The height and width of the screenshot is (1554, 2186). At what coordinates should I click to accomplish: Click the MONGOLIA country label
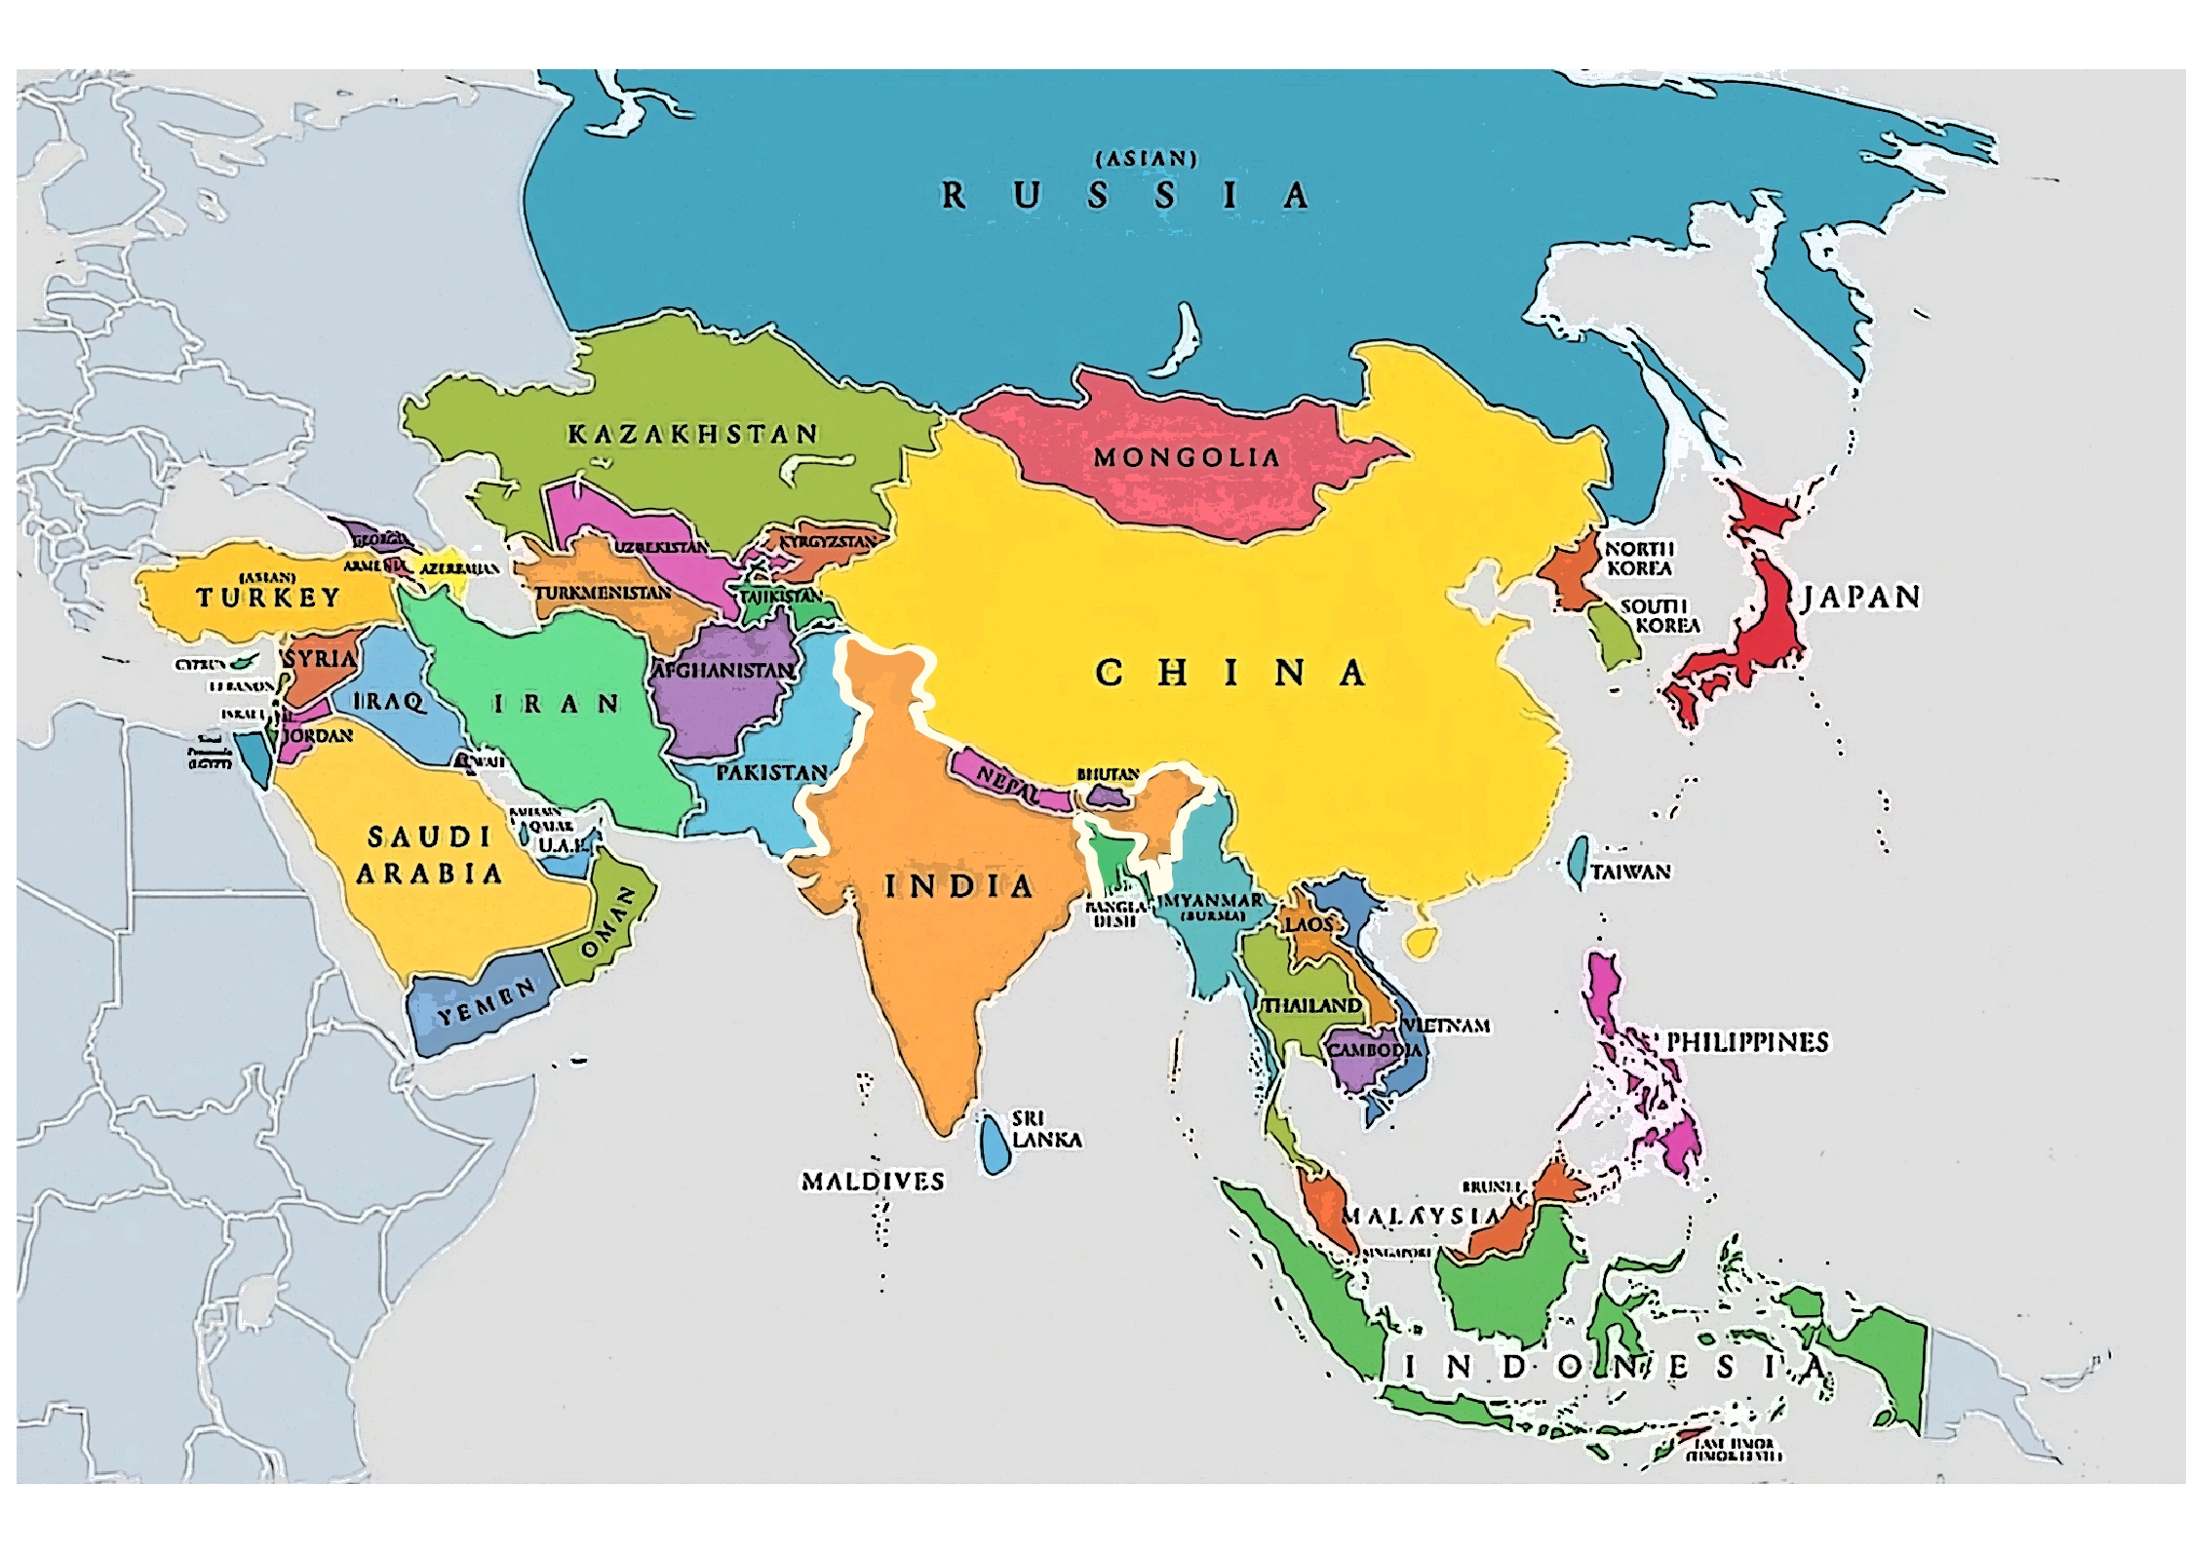pyautogui.click(x=1186, y=457)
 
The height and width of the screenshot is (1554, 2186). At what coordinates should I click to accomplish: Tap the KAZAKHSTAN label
pyautogui.click(x=692, y=434)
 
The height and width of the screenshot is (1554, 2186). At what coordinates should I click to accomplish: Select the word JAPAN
pyautogui.click(x=1860, y=597)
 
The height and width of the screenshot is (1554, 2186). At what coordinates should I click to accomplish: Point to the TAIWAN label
pyautogui.click(x=1630, y=872)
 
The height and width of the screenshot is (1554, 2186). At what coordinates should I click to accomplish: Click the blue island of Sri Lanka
pyautogui.click(x=994, y=1143)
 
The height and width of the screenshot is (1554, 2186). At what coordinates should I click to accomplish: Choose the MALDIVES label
pyautogui.click(x=873, y=1182)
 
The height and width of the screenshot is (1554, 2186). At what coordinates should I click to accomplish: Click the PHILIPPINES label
pyautogui.click(x=1746, y=1042)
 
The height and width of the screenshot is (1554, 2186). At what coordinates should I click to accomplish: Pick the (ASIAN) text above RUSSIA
pyautogui.click(x=1146, y=158)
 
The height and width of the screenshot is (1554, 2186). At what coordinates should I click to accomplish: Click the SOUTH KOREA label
pyautogui.click(x=1659, y=616)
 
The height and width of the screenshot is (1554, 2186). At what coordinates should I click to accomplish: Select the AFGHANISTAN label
pyautogui.click(x=722, y=671)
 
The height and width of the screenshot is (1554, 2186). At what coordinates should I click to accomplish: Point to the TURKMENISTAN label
pyautogui.click(x=603, y=593)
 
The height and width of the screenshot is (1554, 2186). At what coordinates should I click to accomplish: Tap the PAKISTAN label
pyautogui.click(x=771, y=773)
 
